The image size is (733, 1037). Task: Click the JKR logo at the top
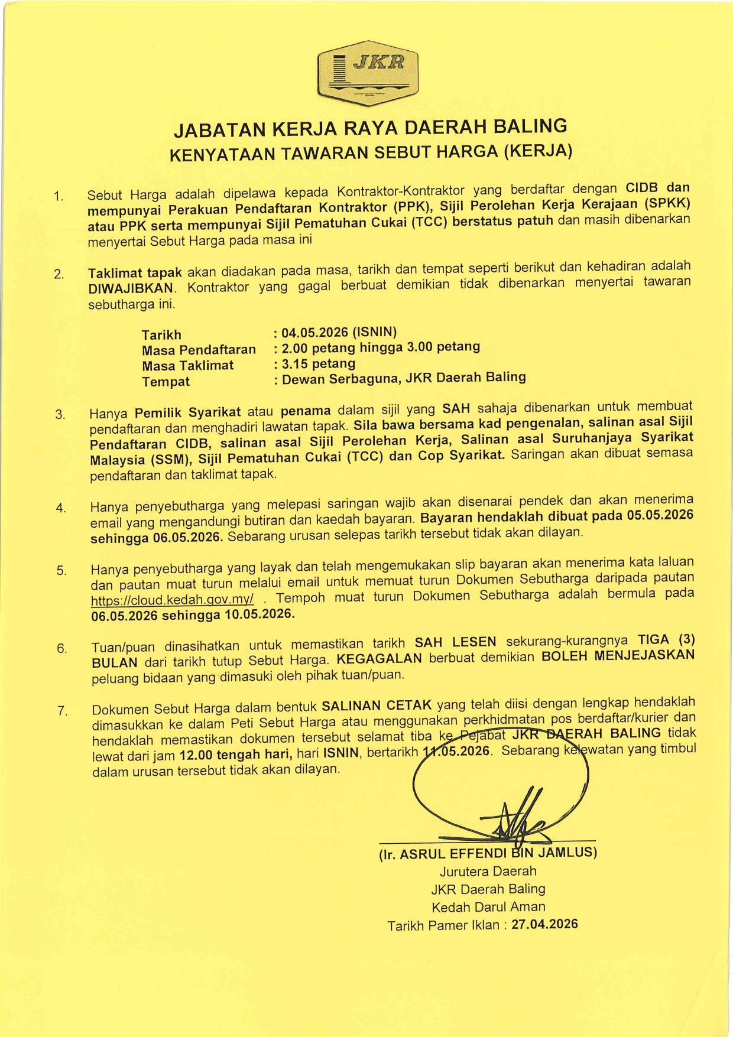point(368,73)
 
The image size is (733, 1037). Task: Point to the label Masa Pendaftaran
point(199,350)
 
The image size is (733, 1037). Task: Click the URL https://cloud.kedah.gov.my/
point(173,600)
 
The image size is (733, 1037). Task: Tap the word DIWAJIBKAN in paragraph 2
point(131,289)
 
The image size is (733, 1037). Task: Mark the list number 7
point(63,711)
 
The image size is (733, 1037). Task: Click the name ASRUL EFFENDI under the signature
point(453,854)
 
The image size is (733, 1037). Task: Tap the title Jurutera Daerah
point(488,872)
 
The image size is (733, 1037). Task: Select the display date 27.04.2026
point(544,924)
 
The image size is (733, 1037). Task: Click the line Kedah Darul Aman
point(488,907)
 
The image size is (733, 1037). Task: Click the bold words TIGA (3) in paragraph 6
point(666,640)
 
